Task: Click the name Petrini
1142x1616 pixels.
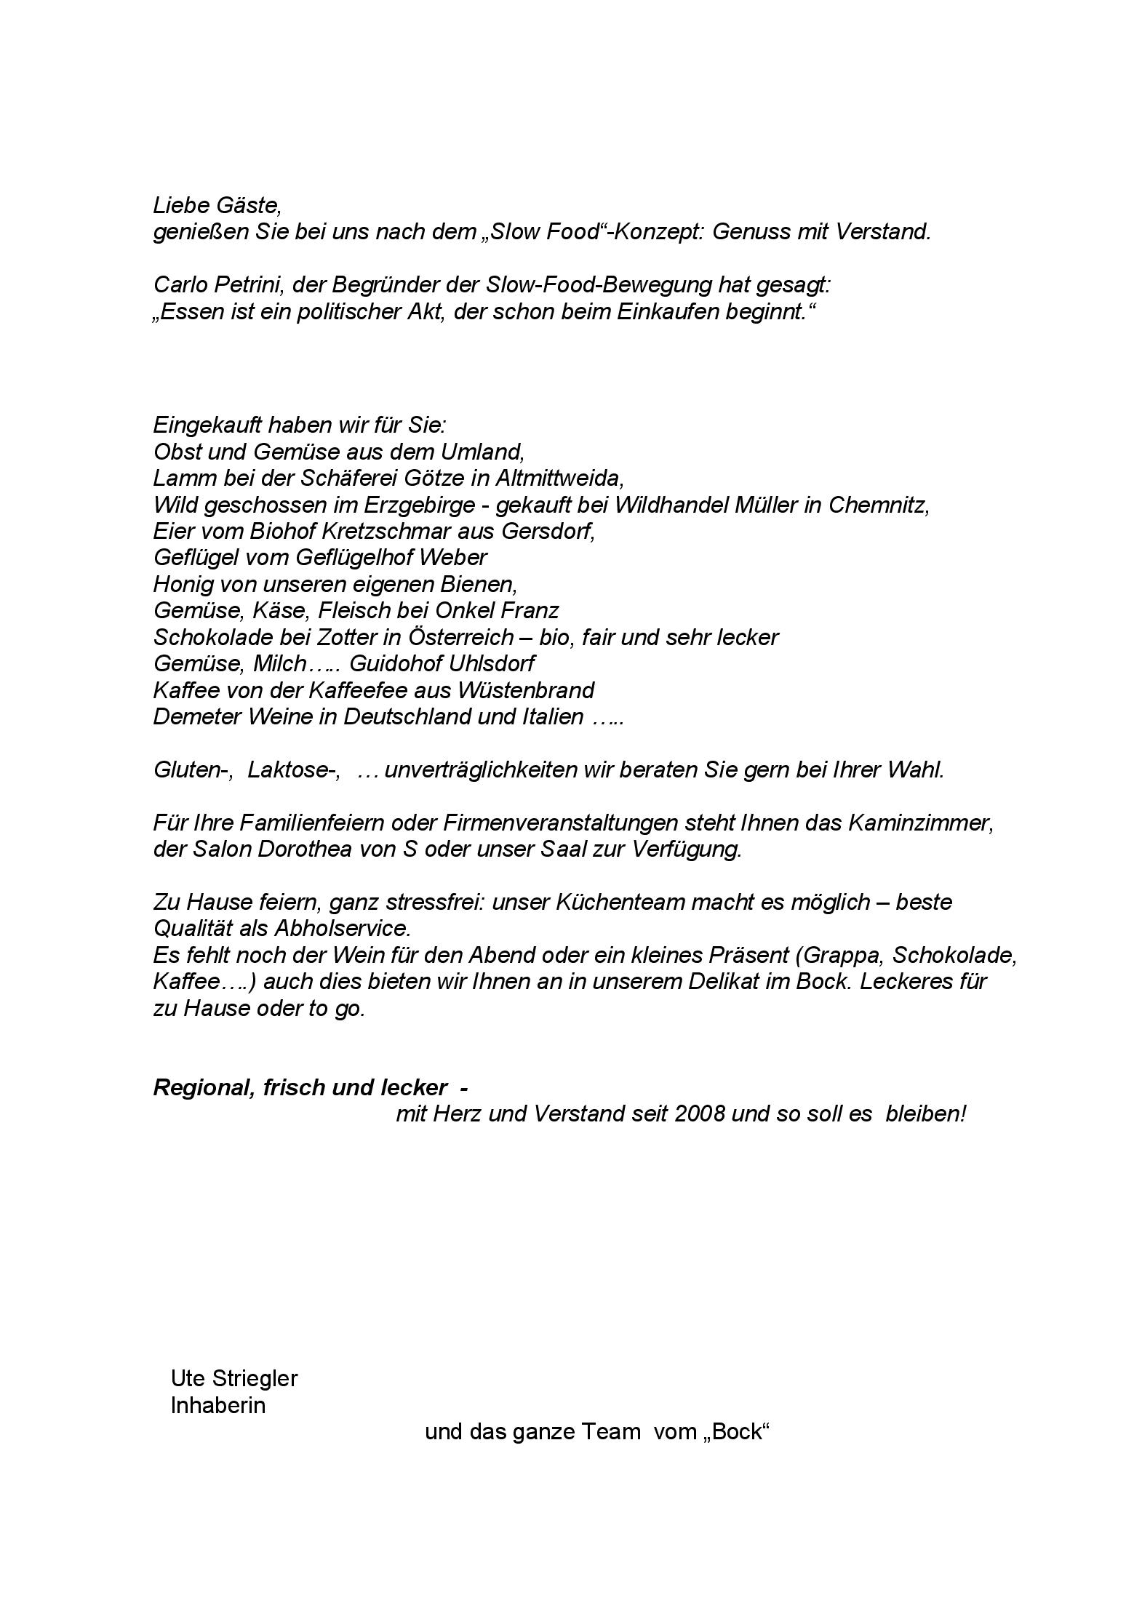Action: (x=249, y=285)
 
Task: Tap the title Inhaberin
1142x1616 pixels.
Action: (x=217, y=1405)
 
